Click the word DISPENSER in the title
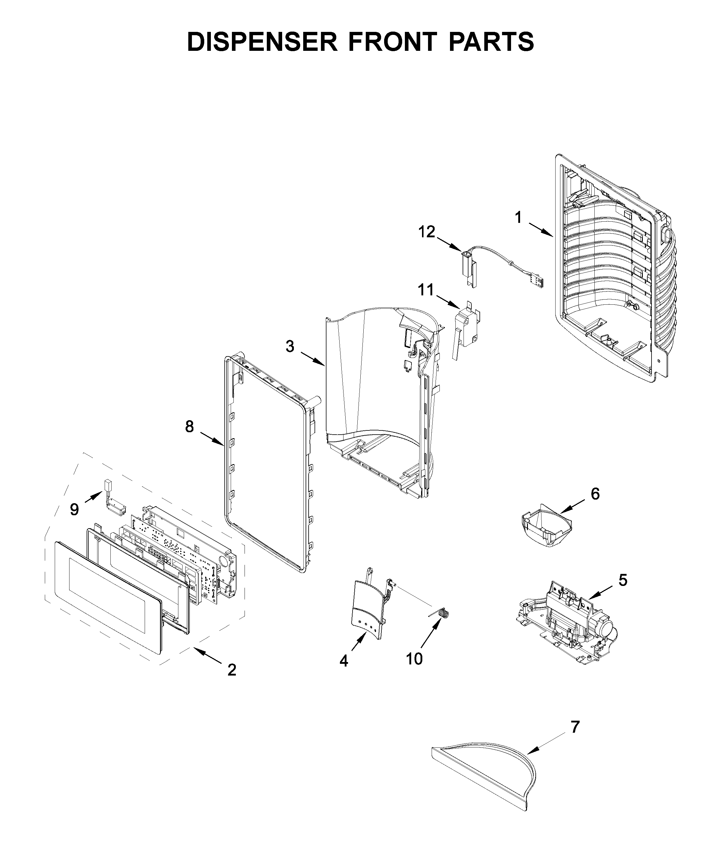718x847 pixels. (262, 42)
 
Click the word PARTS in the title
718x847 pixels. (491, 42)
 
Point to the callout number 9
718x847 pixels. (74, 509)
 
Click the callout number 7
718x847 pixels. (574, 727)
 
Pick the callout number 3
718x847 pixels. (289, 346)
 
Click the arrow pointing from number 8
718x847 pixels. (212, 439)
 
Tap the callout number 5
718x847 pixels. (623, 580)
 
